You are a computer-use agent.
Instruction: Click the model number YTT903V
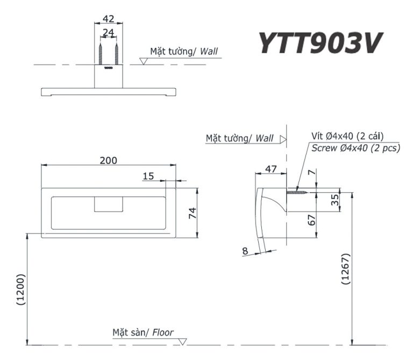[321, 44]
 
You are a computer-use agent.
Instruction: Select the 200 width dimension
[108, 160]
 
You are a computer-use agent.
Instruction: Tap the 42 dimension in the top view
[109, 18]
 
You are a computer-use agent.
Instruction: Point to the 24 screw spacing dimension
[109, 33]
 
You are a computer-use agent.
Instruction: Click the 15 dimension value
[148, 176]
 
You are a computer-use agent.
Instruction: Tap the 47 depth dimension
[271, 169]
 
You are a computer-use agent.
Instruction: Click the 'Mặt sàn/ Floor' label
[143, 333]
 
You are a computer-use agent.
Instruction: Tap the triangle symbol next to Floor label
[183, 341]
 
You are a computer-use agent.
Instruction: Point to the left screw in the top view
[101, 54]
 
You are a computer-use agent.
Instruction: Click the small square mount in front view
[108, 204]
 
